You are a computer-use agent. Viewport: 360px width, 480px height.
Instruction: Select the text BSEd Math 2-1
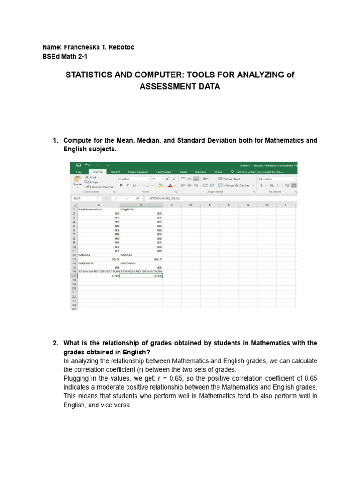click(65, 56)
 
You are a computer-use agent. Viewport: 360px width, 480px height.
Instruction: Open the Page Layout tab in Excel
click(138, 172)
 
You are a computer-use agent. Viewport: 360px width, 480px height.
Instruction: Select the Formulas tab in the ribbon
click(163, 172)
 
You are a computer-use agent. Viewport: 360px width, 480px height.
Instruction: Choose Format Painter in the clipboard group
click(101, 187)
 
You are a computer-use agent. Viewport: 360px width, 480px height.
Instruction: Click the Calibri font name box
click(132, 179)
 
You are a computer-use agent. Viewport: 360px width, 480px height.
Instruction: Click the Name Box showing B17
click(84, 198)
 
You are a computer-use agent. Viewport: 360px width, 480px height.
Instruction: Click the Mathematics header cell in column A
click(91, 209)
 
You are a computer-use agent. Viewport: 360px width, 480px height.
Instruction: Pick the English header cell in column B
click(127, 209)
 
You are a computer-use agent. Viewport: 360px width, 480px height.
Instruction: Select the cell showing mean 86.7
click(141, 259)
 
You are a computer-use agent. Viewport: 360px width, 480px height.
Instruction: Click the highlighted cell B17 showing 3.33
click(141, 276)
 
